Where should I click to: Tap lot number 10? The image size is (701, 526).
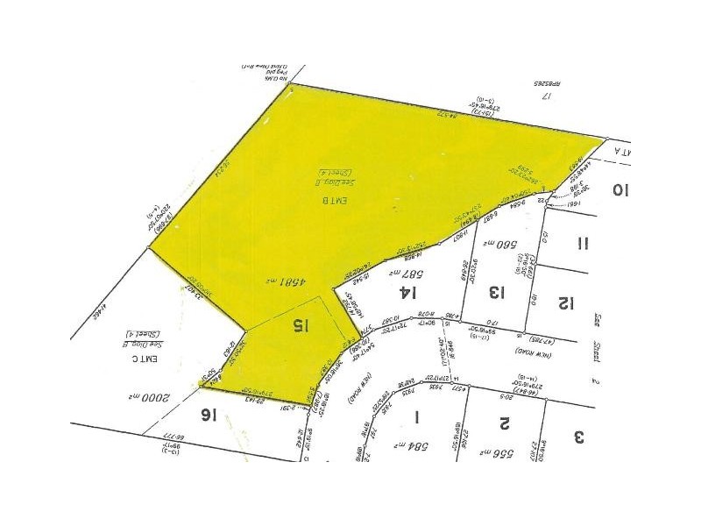[620, 189]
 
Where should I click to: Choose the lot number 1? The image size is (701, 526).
[418, 416]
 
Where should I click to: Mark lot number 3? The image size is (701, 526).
[578, 435]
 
